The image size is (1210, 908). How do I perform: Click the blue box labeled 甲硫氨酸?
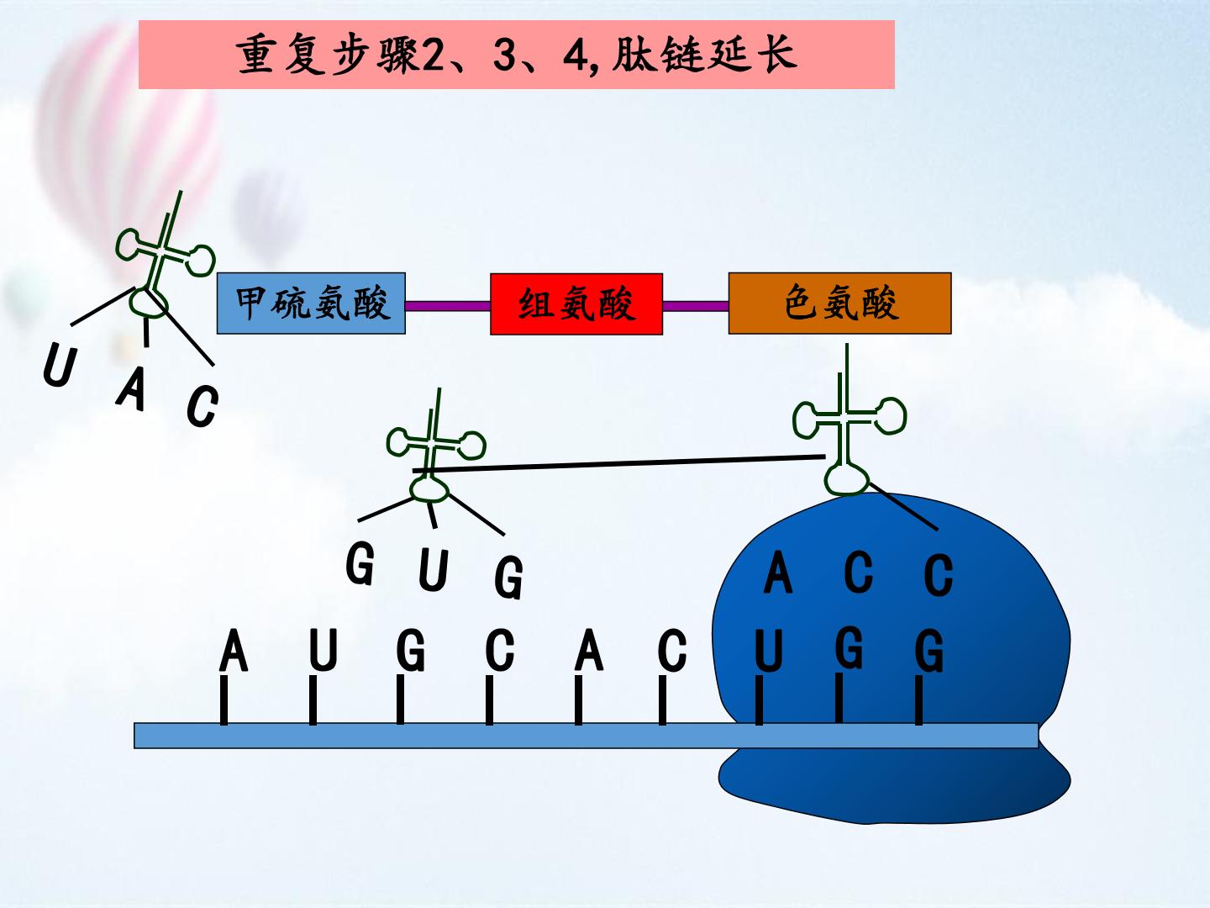point(311,304)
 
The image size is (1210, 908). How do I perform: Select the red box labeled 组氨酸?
point(576,304)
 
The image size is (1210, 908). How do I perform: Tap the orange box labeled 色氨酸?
point(839,304)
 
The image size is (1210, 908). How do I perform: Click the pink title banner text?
point(517,55)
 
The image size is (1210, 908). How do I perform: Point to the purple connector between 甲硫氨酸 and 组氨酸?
point(448,306)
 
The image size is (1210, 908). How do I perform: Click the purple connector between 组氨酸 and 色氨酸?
point(696,306)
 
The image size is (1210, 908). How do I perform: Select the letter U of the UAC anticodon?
point(60,364)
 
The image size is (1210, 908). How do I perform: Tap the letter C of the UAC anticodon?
point(203,406)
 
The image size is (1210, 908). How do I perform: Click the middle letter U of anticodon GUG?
point(433,570)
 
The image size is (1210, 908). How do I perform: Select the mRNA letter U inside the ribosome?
point(769,651)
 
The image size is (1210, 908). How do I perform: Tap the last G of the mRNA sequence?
point(929,651)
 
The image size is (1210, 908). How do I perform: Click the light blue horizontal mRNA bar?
point(586,736)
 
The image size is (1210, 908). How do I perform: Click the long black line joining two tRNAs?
point(618,463)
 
